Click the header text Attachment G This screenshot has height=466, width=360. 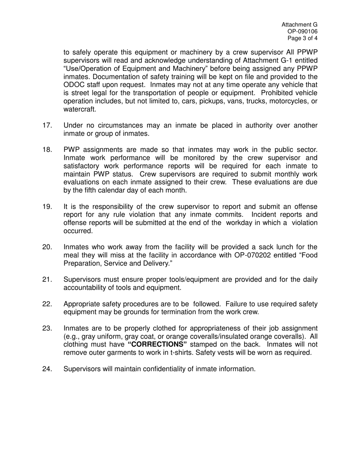click(299, 25)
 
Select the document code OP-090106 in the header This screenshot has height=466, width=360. click(303, 31)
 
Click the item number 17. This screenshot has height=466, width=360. click(47, 126)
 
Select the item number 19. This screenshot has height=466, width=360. click(47, 206)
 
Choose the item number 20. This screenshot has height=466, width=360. click(47, 247)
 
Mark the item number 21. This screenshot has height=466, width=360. click(47, 280)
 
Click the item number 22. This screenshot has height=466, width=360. click(47, 304)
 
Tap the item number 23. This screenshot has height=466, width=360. click(47, 328)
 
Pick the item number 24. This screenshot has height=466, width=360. click(47, 369)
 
